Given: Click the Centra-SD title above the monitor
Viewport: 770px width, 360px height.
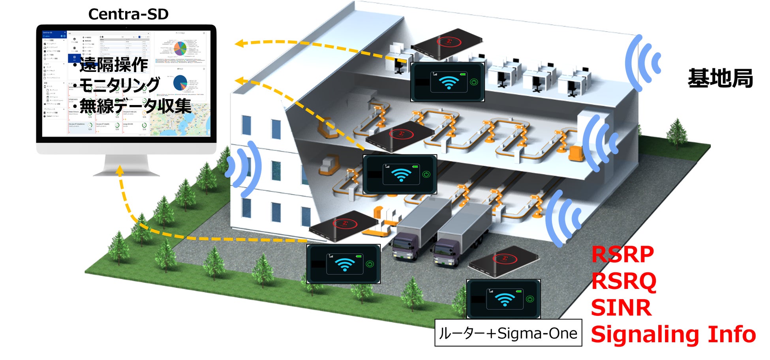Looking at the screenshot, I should pos(128,14).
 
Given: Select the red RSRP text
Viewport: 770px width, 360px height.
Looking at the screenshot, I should pos(622,254).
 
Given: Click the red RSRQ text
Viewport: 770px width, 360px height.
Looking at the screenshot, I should pos(624,281).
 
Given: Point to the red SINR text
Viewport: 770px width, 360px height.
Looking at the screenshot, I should pos(621,308).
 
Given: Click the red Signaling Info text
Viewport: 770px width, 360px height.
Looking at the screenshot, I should pos(673,335).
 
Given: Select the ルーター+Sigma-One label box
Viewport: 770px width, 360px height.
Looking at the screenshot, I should pos(508,333).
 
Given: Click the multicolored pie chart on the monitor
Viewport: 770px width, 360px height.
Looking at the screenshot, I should pos(180,49).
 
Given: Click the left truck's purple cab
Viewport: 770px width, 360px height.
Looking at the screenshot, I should pos(405,246).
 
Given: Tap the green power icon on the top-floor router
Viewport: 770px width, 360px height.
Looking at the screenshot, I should pos(474,82).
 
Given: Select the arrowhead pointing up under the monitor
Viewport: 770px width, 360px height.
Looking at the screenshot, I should pos(120,171).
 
